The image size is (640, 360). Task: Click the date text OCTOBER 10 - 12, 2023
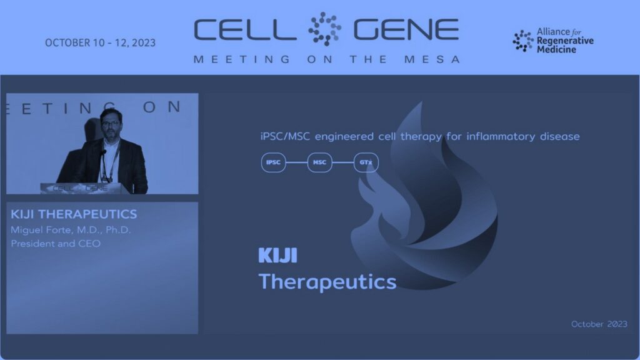pyautogui.click(x=100, y=43)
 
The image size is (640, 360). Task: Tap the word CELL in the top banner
pyautogui.click(x=245, y=30)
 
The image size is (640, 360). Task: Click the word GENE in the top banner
pyautogui.click(x=406, y=30)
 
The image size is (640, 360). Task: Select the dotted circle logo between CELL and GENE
pyautogui.click(x=324, y=29)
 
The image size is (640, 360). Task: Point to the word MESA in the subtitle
pyautogui.click(x=432, y=59)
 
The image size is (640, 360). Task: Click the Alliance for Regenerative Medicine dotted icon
pyautogui.click(x=523, y=41)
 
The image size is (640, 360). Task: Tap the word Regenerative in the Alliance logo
pyautogui.click(x=565, y=41)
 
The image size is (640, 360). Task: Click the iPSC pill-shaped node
pyautogui.click(x=274, y=162)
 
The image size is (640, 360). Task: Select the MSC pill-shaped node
pyautogui.click(x=319, y=162)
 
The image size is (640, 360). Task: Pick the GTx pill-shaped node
pyautogui.click(x=366, y=162)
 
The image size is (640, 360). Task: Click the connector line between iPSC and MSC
pyautogui.click(x=296, y=162)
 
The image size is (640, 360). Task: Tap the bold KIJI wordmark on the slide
pyautogui.click(x=278, y=255)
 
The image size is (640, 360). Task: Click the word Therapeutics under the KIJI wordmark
pyautogui.click(x=327, y=282)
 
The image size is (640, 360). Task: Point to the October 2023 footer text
pyautogui.click(x=599, y=324)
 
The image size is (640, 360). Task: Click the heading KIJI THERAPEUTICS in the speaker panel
pyautogui.click(x=74, y=214)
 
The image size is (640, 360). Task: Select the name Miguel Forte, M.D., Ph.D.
pyautogui.click(x=71, y=230)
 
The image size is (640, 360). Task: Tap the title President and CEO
pyautogui.click(x=56, y=244)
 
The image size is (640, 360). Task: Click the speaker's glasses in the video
pyautogui.click(x=111, y=122)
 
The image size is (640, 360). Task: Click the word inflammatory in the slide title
pyautogui.click(x=501, y=136)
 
